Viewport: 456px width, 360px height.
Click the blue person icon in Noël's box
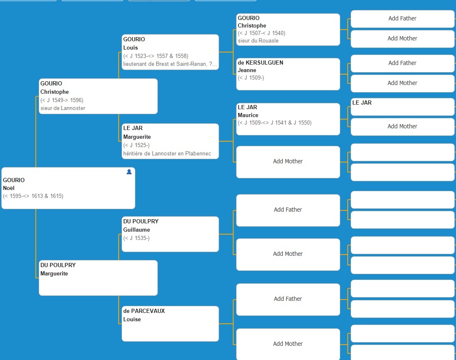(129, 172)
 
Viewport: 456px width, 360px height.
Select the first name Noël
(9, 188)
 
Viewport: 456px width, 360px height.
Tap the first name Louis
(131, 48)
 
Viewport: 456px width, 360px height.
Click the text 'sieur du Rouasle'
(258, 41)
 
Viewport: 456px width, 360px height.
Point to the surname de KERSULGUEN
(260, 62)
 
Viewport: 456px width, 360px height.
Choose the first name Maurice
(248, 115)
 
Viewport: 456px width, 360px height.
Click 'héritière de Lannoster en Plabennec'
(167, 153)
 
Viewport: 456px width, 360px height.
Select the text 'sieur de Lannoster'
(63, 108)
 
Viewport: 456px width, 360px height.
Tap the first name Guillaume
(137, 230)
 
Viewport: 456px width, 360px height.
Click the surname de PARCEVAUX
(144, 311)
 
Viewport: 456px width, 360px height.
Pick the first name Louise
(132, 319)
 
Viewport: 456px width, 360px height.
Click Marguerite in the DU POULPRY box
(54, 274)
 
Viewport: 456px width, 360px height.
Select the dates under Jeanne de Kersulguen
(251, 77)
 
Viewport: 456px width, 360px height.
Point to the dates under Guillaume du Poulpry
(137, 238)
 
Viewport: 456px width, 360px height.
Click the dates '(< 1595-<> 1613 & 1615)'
(33, 196)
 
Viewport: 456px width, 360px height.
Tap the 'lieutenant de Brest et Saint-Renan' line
(170, 64)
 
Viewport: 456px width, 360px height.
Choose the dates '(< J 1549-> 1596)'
(62, 100)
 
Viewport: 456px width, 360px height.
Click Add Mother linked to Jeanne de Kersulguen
(402, 83)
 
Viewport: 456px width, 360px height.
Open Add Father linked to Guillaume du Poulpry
(288, 210)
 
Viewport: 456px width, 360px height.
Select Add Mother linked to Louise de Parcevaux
(288, 344)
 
